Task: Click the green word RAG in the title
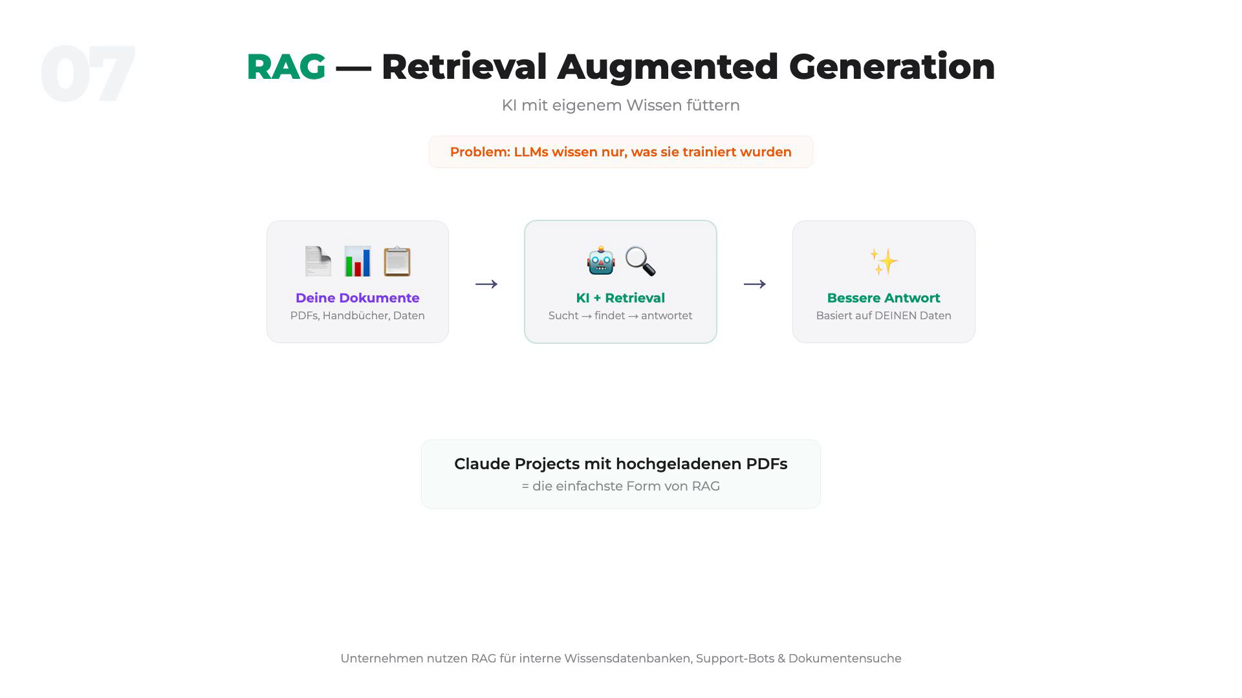click(x=286, y=67)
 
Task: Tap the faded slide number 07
click(x=88, y=74)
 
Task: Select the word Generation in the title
click(x=892, y=67)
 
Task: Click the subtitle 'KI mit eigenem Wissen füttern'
click(x=620, y=105)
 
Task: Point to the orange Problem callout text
click(x=620, y=152)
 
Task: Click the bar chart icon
click(x=358, y=261)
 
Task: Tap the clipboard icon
click(x=397, y=261)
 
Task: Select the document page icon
click(x=318, y=261)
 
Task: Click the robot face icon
click(x=601, y=261)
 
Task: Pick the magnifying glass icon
click(x=640, y=261)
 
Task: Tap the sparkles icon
click(x=884, y=262)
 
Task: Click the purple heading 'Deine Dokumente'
click(x=358, y=298)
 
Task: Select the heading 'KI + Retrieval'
click(x=620, y=298)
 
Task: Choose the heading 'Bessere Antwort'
click(x=884, y=298)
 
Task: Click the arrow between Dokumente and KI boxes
click(x=486, y=284)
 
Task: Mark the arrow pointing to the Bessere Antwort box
click(x=755, y=284)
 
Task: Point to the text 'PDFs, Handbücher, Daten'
click(x=358, y=315)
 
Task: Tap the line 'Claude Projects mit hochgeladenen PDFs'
click(x=620, y=464)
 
